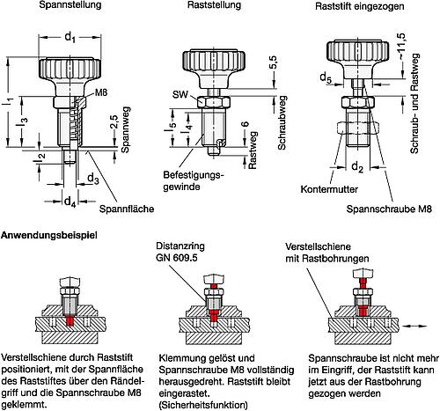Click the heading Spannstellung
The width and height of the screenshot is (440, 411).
pos(70,5)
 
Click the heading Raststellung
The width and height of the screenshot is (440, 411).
pos(214,5)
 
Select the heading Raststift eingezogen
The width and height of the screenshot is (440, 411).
pos(360,6)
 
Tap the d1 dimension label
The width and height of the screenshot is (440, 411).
pos(70,38)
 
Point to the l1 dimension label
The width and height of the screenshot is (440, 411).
pos(11,102)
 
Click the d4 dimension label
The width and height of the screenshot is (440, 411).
pos(70,202)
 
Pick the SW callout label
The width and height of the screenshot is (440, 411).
pos(180,94)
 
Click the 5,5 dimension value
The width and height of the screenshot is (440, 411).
pos(273,62)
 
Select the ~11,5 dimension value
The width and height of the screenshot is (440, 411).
pos(401,46)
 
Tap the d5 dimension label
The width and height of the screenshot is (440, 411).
pos(326,77)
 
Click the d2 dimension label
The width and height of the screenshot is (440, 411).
pos(357,167)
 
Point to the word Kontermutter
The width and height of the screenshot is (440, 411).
pos(329,189)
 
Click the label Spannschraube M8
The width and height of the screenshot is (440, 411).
pos(389,209)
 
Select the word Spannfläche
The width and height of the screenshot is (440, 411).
pos(127,209)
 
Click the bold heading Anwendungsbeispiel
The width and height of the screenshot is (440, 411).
pos(49,235)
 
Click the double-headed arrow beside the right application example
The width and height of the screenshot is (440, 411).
pos(414,326)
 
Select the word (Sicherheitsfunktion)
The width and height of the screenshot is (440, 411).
pos(203,405)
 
